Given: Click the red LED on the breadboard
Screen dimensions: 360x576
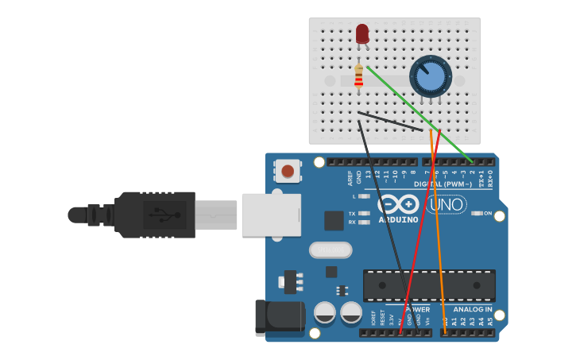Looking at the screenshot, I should pyautogui.click(x=362, y=33).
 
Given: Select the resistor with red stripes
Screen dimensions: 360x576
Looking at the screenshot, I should pyautogui.click(x=359, y=77).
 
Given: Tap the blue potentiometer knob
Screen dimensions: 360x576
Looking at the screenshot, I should pyautogui.click(x=430, y=77).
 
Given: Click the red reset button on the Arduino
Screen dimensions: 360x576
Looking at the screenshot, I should pyautogui.click(x=288, y=170).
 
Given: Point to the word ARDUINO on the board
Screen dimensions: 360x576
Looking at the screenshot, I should pyautogui.click(x=398, y=219).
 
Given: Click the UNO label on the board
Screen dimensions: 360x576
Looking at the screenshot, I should pyautogui.click(x=446, y=205).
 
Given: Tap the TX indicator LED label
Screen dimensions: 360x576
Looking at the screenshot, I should pyautogui.click(x=352, y=213).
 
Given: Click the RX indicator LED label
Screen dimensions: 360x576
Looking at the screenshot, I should pyautogui.click(x=352, y=223).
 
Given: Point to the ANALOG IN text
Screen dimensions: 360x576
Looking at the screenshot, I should pyautogui.click(x=473, y=309).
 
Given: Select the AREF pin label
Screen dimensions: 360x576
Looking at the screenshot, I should pyautogui.click(x=350, y=176).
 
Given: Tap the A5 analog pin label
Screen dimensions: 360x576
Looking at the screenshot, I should pyautogui.click(x=490, y=321).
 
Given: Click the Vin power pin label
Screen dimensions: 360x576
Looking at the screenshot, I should pyautogui.click(x=427, y=321).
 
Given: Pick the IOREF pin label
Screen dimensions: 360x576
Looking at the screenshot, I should pyautogui.click(x=373, y=319).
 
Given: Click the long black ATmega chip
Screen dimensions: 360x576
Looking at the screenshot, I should pyautogui.click(x=429, y=285).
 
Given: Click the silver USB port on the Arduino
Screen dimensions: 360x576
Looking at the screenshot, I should pyautogui.click(x=271, y=215).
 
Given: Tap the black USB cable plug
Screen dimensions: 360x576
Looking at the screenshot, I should pyautogui.click(x=155, y=215).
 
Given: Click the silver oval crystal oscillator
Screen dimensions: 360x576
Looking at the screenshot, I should pyautogui.click(x=330, y=250).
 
